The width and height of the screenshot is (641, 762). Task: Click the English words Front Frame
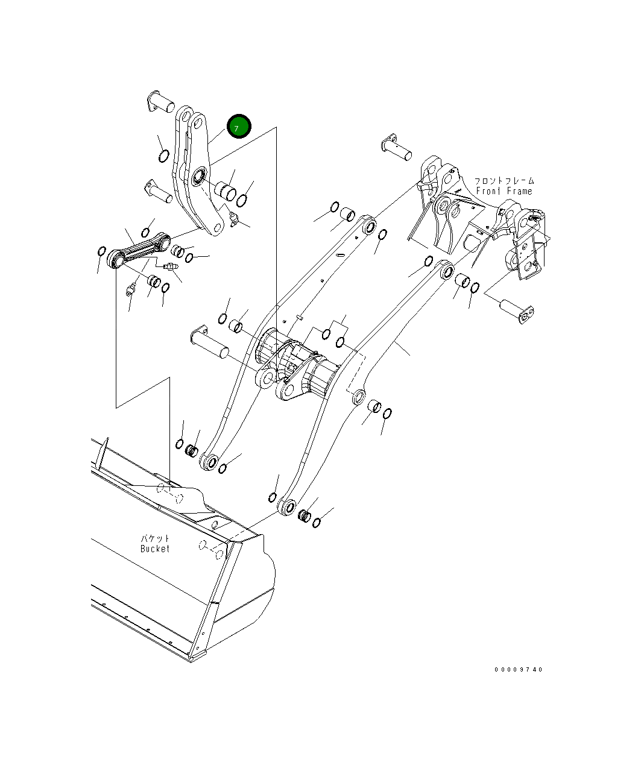click(504, 191)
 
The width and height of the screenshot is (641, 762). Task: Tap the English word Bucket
click(155, 549)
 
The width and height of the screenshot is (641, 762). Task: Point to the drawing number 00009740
click(519, 669)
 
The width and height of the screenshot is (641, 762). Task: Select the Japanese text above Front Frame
click(504, 181)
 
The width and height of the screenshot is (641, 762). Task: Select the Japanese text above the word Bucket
click(156, 538)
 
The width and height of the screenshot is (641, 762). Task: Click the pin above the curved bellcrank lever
click(160, 101)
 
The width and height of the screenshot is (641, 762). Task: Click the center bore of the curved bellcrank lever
click(197, 178)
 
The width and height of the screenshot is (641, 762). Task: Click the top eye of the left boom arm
click(370, 227)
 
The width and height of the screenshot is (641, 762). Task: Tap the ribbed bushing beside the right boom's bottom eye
click(305, 515)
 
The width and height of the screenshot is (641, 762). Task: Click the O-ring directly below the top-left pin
click(163, 157)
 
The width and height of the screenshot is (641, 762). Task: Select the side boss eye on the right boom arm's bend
click(358, 396)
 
